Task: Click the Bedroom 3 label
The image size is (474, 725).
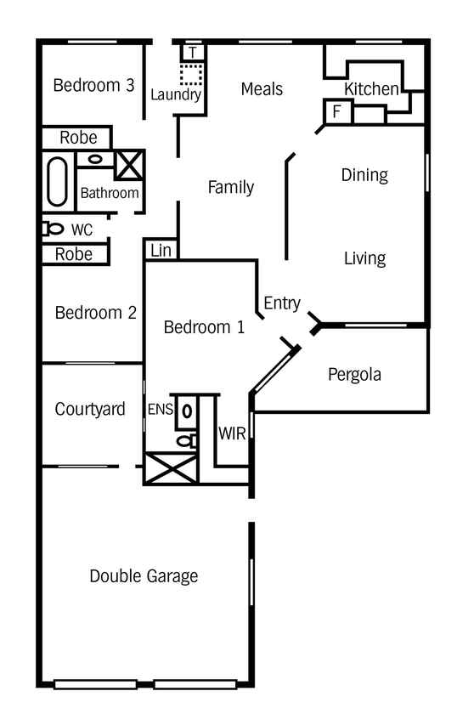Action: coord(93,85)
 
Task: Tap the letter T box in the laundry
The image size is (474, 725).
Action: coord(193,53)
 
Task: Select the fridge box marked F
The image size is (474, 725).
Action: coord(337,111)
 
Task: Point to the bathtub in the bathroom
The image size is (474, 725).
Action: coord(57,182)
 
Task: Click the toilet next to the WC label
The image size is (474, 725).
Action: coord(54,229)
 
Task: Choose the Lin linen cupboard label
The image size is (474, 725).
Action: coord(161,251)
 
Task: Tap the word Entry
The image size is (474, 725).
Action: coord(282,303)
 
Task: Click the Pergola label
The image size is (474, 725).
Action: coord(354,375)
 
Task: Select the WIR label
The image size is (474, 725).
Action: coord(232,433)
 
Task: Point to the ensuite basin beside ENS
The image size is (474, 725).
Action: coord(187,411)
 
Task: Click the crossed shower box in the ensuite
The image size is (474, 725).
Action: coord(171,469)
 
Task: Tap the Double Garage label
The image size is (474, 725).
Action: coord(144,576)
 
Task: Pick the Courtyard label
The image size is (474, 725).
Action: coord(90,409)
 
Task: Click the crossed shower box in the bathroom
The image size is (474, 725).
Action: coord(129,165)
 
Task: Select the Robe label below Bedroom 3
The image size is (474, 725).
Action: coord(78,138)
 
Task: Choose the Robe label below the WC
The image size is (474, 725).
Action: coord(74,254)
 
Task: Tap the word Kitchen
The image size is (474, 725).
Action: coord(371,88)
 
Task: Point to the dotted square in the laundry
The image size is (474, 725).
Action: coord(191,75)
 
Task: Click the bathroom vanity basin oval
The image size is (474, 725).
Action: coord(96,159)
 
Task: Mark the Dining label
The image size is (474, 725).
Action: coord(364,175)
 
